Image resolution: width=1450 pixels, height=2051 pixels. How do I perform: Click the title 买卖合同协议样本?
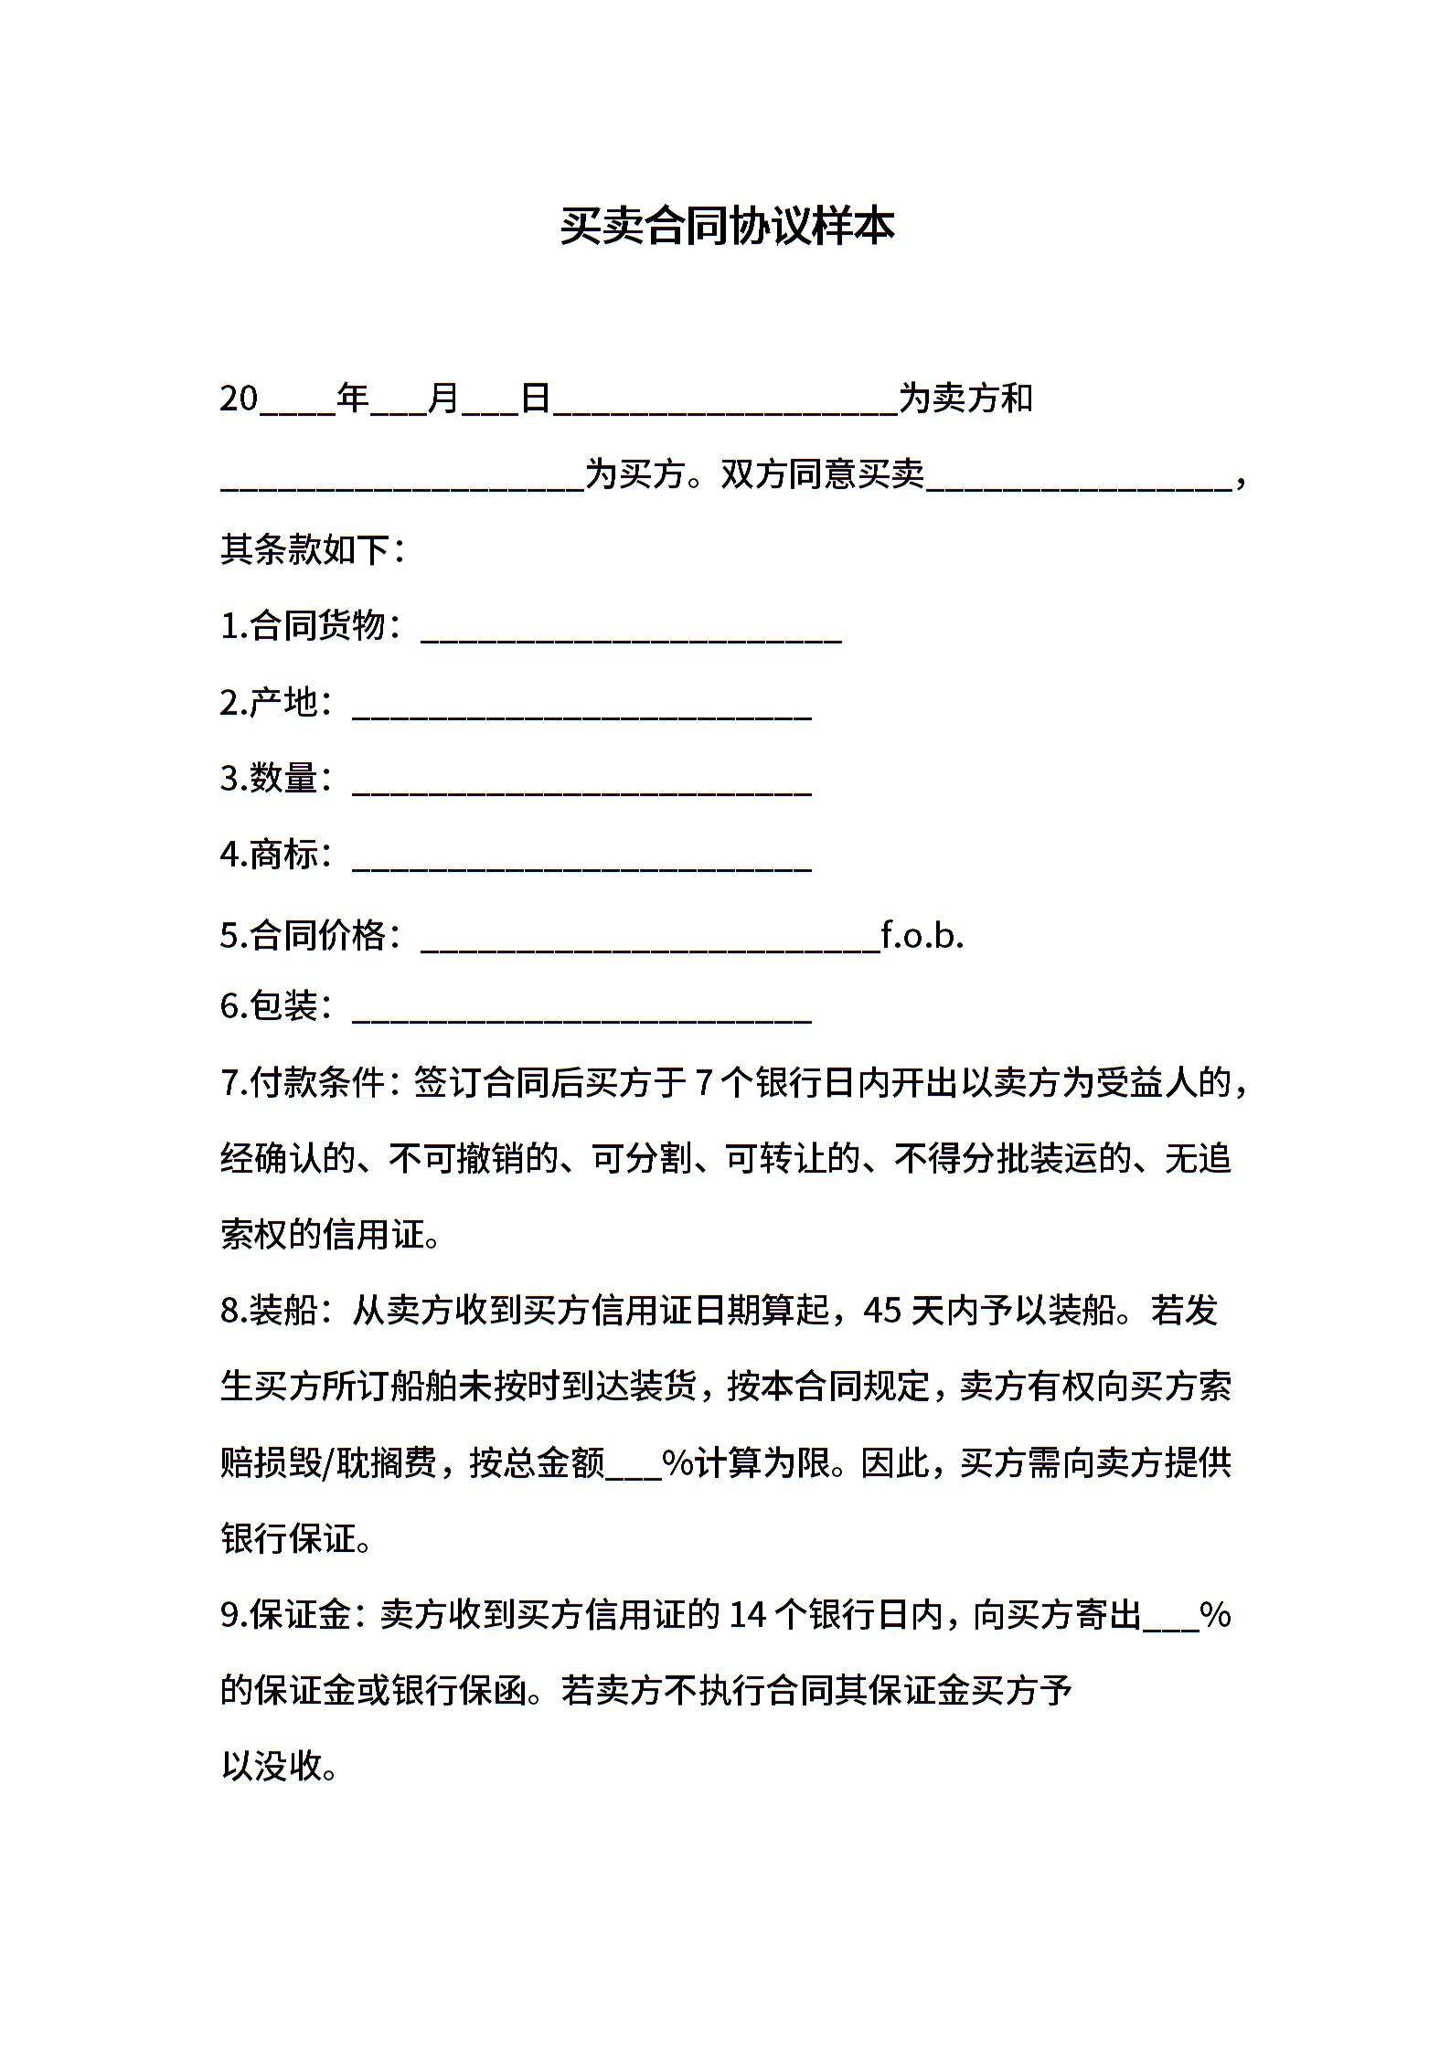727,226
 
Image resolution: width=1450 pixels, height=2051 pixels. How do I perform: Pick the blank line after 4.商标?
581,860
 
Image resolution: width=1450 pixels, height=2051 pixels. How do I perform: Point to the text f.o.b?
922,935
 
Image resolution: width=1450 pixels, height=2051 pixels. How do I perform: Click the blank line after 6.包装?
581,1012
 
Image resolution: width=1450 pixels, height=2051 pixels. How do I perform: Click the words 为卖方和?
965,399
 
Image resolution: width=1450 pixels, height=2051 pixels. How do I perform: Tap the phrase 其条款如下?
304,550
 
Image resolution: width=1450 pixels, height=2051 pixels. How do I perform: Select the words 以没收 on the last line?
272,1767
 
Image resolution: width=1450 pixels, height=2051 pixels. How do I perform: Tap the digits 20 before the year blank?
240,399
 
